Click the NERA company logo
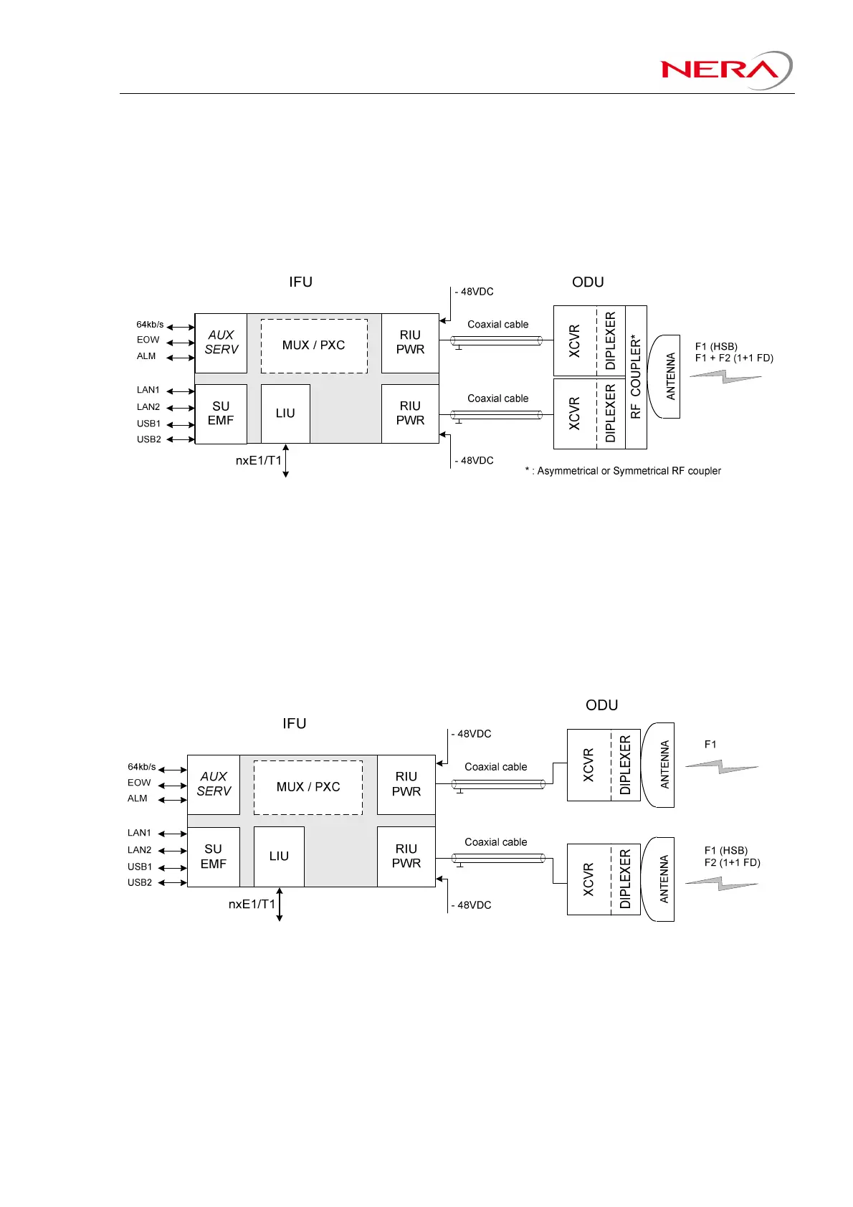(x=725, y=70)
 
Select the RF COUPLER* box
(x=636, y=377)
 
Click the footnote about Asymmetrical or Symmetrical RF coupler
(x=623, y=471)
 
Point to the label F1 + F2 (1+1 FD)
(x=734, y=358)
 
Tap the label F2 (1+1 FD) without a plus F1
(x=732, y=862)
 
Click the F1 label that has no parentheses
(x=710, y=745)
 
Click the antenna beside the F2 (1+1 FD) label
(x=660, y=879)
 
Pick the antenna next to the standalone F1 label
(x=660, y=765)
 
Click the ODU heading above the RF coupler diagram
(x=588, y=282)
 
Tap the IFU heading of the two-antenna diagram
(x=294, y=723)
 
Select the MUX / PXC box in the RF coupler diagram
(x=314, y=345)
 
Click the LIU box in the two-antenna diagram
(x=279, y=857)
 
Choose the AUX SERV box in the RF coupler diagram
(x=221, y=343)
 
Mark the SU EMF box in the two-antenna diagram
(x=214, y=857)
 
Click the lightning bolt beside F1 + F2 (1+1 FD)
(x=725, y=376)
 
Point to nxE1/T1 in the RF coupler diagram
(x=259, y=461)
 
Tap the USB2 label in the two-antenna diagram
(x=140, y=882)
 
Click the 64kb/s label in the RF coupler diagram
(x=150, y=325)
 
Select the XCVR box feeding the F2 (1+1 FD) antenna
(x=588, y=879)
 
